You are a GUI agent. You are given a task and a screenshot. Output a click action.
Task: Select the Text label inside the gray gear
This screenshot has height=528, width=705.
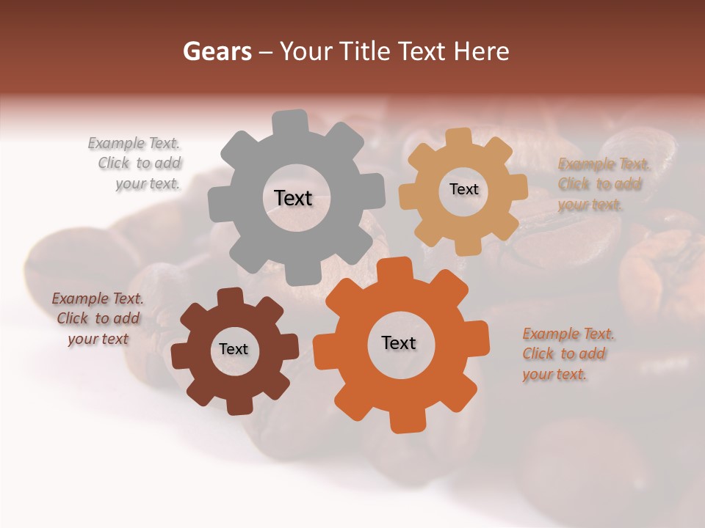293,198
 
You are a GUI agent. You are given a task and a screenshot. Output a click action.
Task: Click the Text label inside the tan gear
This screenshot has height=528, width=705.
463,189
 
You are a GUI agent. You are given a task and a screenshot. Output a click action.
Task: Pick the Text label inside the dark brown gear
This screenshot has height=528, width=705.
234,349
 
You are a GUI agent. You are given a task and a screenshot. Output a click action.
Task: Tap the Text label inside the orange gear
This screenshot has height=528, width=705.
399,342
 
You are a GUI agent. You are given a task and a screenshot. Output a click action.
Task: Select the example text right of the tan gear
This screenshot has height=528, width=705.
604,184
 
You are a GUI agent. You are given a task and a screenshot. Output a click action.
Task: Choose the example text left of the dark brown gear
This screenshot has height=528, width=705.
98,318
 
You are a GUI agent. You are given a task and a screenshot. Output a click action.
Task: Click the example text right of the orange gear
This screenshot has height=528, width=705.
568,354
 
